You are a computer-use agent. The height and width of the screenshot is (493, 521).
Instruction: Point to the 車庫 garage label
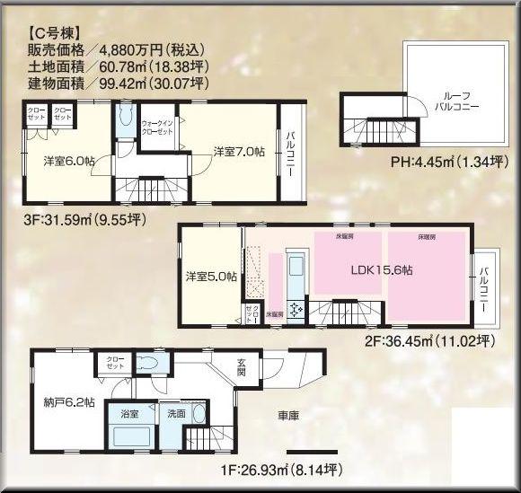[x=287, y=416]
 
